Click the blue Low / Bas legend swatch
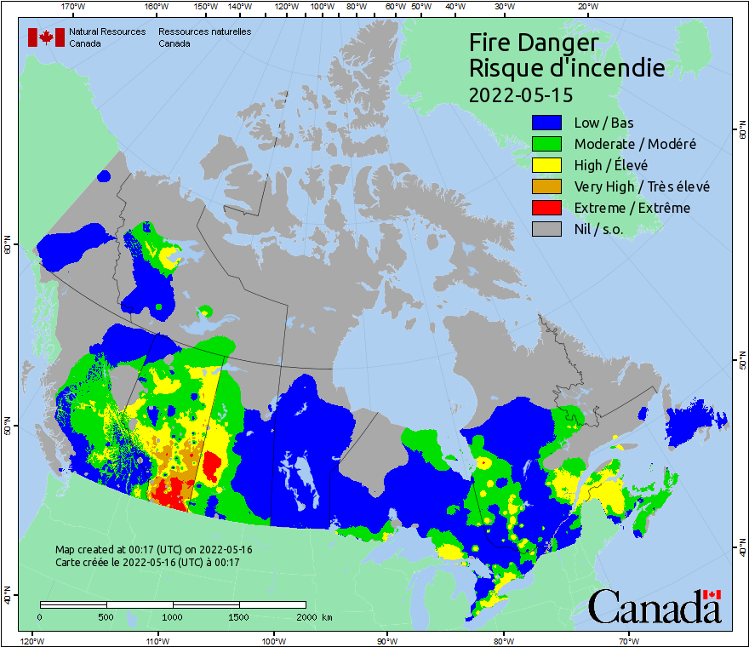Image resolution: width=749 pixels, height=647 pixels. click(546, 122)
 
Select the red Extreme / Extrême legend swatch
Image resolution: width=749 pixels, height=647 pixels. click(546, 208)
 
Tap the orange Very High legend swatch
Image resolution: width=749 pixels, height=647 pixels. click(546, 186)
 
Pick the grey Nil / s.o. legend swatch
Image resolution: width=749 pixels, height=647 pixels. click(546, 229)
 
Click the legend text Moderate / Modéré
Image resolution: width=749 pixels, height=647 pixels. click(635, 144)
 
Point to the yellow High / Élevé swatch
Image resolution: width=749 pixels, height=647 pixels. click(546, 165)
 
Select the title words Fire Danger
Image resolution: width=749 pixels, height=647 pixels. click(534, 43)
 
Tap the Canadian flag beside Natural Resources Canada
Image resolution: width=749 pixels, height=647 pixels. click(46, 37)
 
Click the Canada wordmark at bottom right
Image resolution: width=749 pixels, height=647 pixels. click(655, 606)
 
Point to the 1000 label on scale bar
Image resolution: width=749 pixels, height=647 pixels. click(173, 616)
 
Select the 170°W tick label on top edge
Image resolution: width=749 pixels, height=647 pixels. click(74, 7)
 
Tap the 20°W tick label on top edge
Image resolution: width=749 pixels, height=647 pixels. click(586, 7)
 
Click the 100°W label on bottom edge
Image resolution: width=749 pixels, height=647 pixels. click(273, 640)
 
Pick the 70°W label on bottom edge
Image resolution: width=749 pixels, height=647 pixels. click(628, 640)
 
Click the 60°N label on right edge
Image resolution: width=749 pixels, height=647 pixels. click(740, 132)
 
